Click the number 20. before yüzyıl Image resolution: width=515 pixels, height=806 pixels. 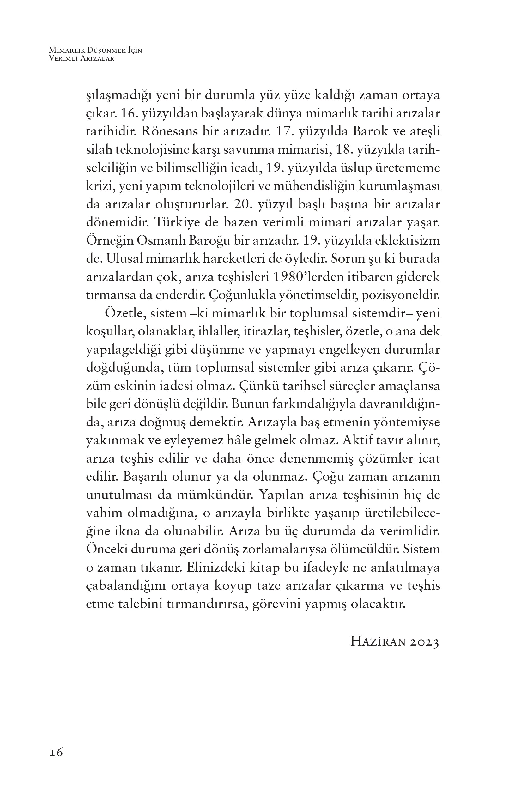pyautogui.click(x=241, y=205)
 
